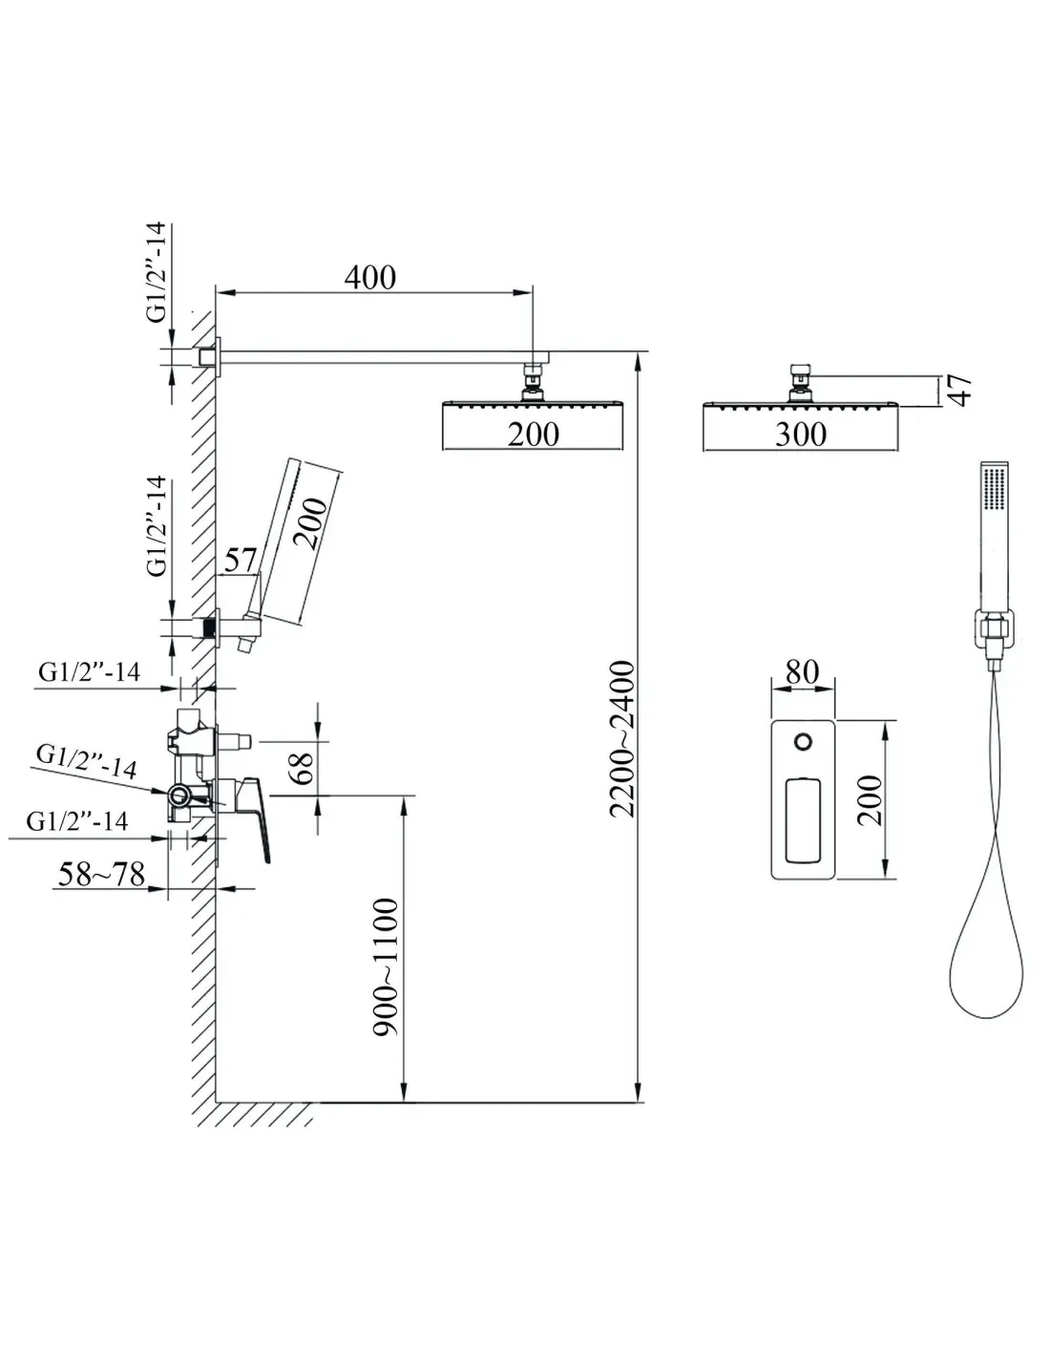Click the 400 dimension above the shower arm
[x=369, y=278]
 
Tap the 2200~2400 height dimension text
[x=621, y=739]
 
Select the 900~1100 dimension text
[x=386, y=968]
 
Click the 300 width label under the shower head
[x=801, y=435]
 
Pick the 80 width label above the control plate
[x=802, y=672]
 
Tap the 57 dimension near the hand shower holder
[x=241, y=560]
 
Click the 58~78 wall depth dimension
[x=101, y=874]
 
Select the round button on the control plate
[x=804, y=742]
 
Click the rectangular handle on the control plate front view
[x=803, y=820]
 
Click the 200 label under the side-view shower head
[x=533, y=435]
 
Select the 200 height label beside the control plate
[x=870, y=801]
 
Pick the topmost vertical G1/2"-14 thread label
[x=157, y=272]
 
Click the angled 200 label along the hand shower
[x=310, y=522]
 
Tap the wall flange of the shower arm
[x=218, y=357]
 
